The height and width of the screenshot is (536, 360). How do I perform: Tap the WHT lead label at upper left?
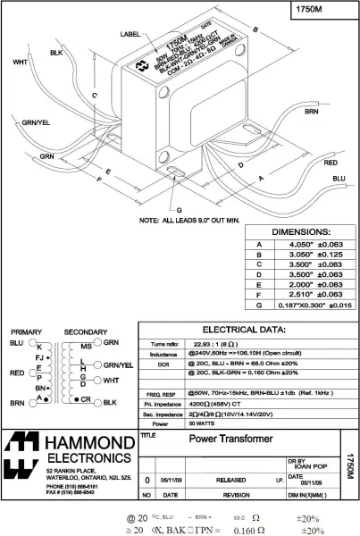point(19,63)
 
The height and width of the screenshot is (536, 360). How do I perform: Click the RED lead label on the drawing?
point(331,164)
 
